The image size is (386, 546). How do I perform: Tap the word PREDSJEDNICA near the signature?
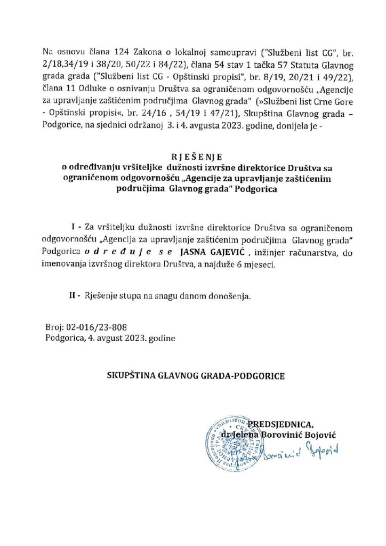click(x=295, y=424)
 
